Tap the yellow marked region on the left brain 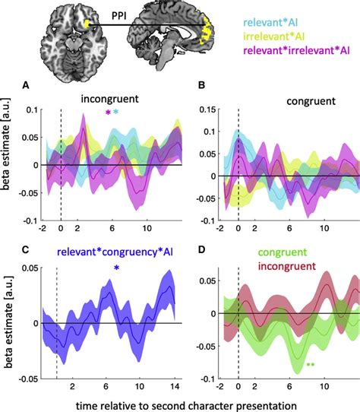click(x=90, y=25)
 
